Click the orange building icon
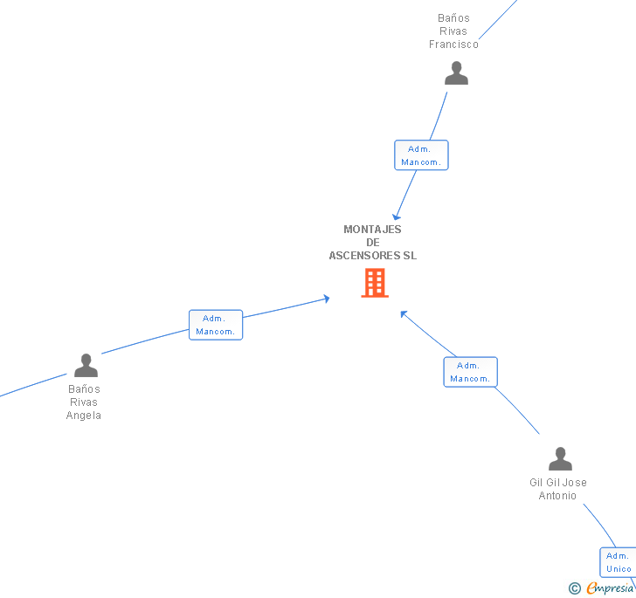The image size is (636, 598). point(374,283)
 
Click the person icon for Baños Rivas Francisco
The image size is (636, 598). point(456,73)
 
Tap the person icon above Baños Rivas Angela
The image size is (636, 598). point(86,365)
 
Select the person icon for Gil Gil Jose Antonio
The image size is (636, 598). point(560,458)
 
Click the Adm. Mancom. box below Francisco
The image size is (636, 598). point(421,155)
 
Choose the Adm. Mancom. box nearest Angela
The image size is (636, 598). point(216,325)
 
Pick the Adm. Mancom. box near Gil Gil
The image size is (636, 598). point(470,372)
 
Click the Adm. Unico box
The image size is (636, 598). point(619,562)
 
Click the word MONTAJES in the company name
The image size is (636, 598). point(372,230)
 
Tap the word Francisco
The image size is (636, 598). point(453,45)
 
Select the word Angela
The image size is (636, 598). point(84,416)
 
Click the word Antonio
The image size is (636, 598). point(557,496)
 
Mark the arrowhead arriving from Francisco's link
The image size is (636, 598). point(397,216)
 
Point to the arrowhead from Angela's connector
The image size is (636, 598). point(326,298)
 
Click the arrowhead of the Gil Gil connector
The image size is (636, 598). point(404,313)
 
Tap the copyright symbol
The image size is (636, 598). point(574,588)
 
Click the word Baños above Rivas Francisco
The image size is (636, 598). point(453,18)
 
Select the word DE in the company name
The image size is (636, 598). point(373,243)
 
